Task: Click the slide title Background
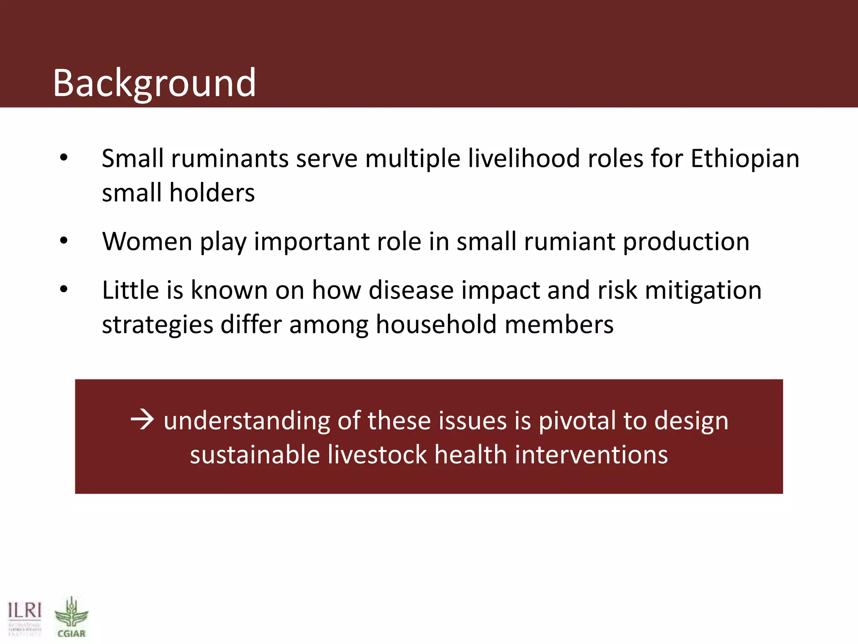(x=154, y=83)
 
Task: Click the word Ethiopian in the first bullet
(x=745, y=158)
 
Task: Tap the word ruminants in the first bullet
(x=230, y=158)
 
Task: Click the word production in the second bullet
(x=686, y=242)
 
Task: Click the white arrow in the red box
(x=142, y=420)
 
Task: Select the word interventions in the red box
(x=591, y=455)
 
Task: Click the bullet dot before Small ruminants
(x=64, y=158)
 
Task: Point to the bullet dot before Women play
(x=64, y=241)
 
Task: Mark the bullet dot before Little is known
(x=64, y=289)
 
